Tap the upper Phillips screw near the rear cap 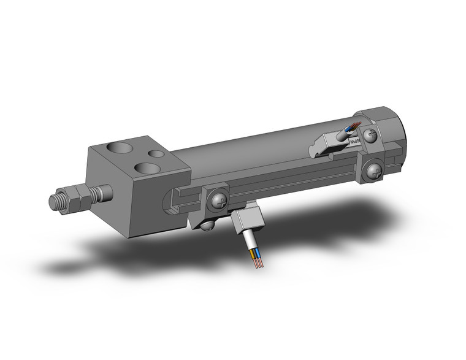point(370,135)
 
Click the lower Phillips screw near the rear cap point(375,172)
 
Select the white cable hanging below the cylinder point(250,242)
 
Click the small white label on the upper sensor point(356,142)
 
